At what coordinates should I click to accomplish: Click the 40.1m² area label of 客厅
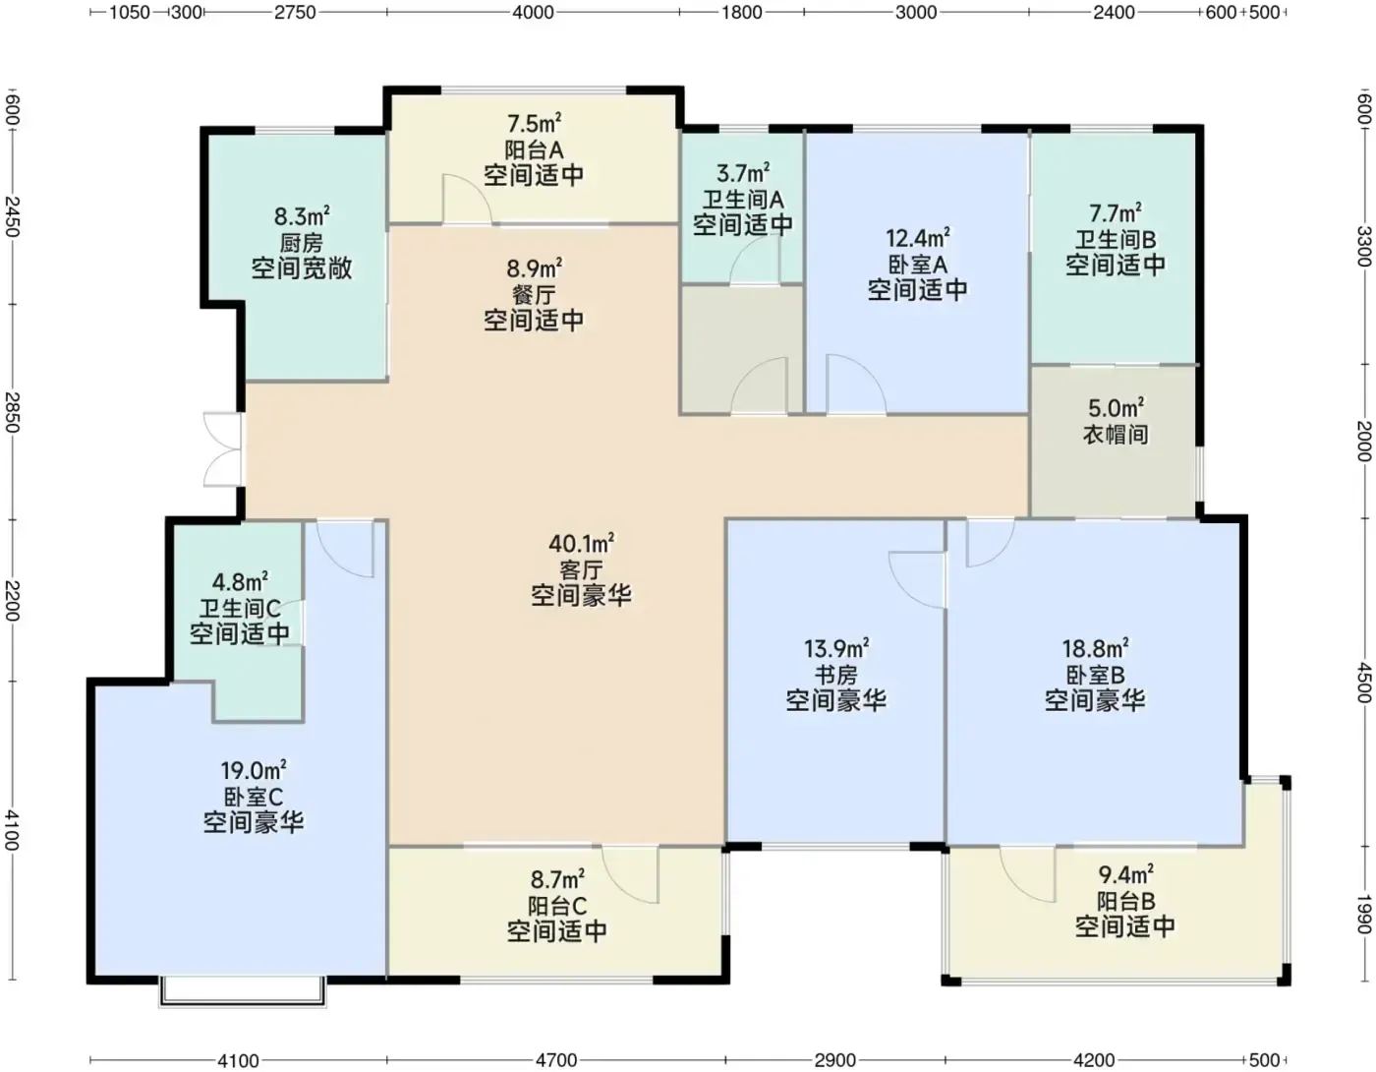(x=581, y=544)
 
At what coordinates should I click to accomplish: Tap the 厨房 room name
(x=302, y=243)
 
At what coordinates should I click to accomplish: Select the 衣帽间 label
(x=1116, y=435)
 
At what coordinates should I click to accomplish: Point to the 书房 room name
(x=835, y=675)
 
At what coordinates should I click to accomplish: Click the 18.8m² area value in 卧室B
(x=1095, y=649)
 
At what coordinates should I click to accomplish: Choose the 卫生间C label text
(x=240, y=609)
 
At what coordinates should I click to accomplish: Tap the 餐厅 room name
(x=534, y=295)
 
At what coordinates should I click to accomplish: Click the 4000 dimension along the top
(x=533, y=12)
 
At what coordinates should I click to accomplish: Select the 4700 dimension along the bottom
(x=556, y=1060)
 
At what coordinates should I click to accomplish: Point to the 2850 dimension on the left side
(x=12, y=412)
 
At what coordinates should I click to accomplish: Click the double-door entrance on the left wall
(x=222, y=449)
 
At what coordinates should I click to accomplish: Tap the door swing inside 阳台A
(x=467, y=199)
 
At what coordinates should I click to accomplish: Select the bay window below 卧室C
(x=243, y=992)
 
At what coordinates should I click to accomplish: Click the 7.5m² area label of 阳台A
(x=534, y=124)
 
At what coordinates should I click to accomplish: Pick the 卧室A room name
(x=917, y=265)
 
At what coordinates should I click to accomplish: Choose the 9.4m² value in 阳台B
(x=1125, y=875)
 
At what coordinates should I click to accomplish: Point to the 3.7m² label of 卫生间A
(x=743, y=173)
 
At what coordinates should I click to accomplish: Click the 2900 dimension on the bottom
(x=835, y=1060)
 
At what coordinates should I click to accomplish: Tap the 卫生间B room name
(x=1116, y=240)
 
